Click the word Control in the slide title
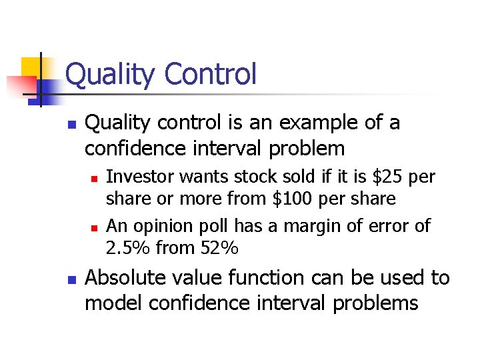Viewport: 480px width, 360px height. pyautogui.click(x=210, y=73)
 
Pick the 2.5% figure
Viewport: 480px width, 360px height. pyautogui.click(x=128, y=249)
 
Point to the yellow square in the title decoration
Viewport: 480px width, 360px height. pyautogui.click(x=31, y=68)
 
